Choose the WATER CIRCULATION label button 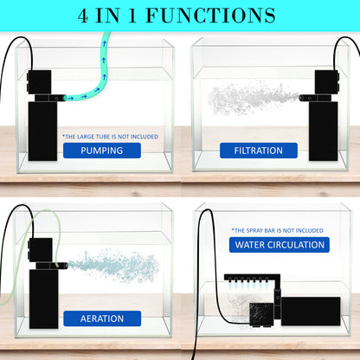[279, 245]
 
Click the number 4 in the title [85, 16]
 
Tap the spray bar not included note [277, 230]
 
